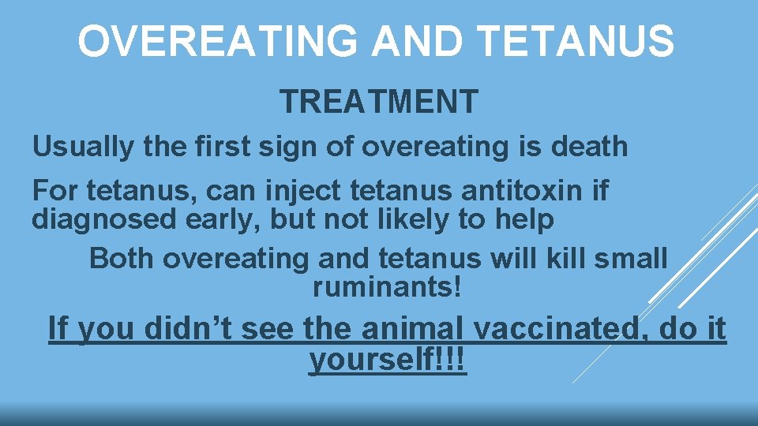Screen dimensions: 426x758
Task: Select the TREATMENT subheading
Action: coord(379,102)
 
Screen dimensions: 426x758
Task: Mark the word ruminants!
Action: coord(386,288)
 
